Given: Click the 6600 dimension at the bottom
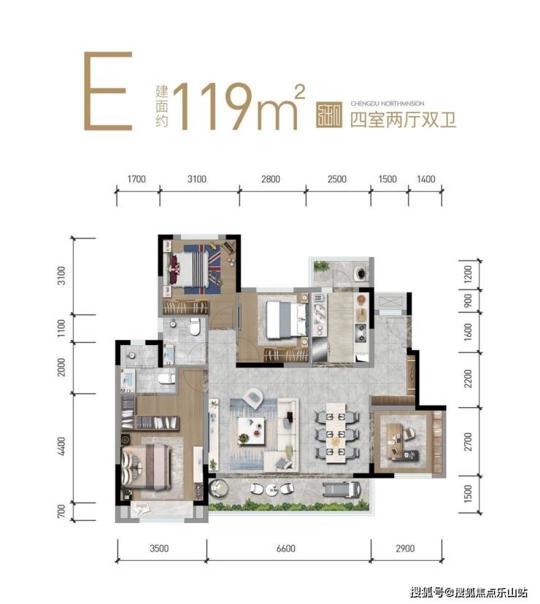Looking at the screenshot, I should [x=288, y=548].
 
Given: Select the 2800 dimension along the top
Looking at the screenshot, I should [x=271, y=179].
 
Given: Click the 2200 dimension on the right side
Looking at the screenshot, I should [x=468, y=378].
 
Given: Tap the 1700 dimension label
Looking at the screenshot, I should [x=137, y=179].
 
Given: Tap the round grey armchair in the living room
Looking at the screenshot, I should [x=253, y=397].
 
